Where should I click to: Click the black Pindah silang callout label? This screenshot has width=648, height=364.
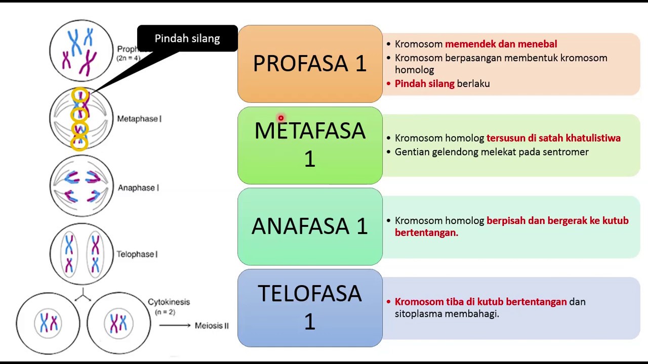(x=187, y=38)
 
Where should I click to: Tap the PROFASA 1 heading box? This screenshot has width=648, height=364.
(x=310, y=64)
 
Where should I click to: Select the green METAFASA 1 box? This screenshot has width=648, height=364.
(x=310, y=145)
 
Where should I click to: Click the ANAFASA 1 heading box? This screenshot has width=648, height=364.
(x=310, y=226)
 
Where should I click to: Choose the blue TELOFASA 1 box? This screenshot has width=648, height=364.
(x=310, y=308)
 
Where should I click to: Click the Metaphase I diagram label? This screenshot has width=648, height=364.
(x=139, y=119)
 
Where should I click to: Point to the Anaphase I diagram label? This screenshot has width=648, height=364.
(x=138, y=188)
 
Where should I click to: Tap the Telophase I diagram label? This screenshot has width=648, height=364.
(x=137, y=254)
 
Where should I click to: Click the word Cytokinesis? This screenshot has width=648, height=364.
(x=169, y=302)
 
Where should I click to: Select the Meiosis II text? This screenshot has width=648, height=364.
(x=212, y=326)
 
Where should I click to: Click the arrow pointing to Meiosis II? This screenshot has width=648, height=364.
(x=175, y=326)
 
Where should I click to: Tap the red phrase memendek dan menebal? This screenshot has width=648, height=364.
(x=501, y=44)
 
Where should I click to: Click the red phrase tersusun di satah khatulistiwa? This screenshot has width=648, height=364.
(x=553, y=138)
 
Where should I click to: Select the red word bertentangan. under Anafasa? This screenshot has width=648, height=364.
(x=426, y=233)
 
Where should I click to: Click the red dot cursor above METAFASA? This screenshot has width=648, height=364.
(x=280, y=118)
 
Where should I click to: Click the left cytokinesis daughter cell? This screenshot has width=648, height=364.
(x=48, y=323)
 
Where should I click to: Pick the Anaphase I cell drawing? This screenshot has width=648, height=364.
(x=82, y=186)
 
